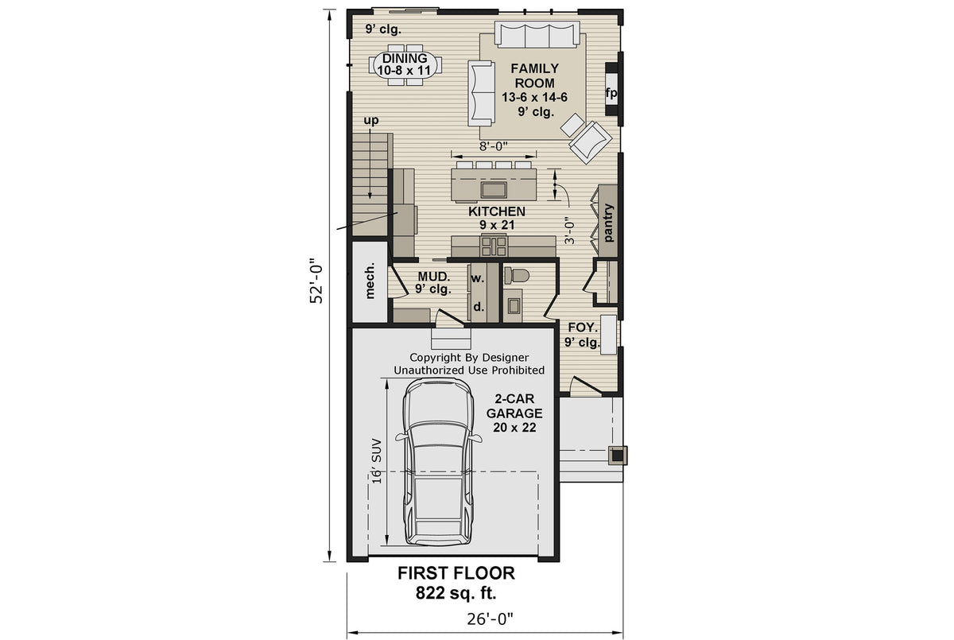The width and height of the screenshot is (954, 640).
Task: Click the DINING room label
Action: (404, 64)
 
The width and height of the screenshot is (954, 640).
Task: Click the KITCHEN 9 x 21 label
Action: (496, 218)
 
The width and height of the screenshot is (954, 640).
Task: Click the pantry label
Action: (609, 223)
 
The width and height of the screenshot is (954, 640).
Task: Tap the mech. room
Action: (370, 281)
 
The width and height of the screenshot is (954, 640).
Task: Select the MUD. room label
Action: (434, 283)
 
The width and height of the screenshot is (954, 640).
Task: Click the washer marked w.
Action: (478, 278)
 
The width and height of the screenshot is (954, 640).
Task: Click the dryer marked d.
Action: (478, 305)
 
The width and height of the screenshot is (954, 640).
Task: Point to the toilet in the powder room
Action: (518, 276)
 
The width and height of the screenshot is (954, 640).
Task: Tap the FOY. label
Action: (582, 335)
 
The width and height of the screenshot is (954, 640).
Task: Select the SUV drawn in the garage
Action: (436, 461)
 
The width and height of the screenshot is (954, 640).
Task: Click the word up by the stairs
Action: (370, 121)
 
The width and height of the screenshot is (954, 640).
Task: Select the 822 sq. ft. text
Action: (456, 592)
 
